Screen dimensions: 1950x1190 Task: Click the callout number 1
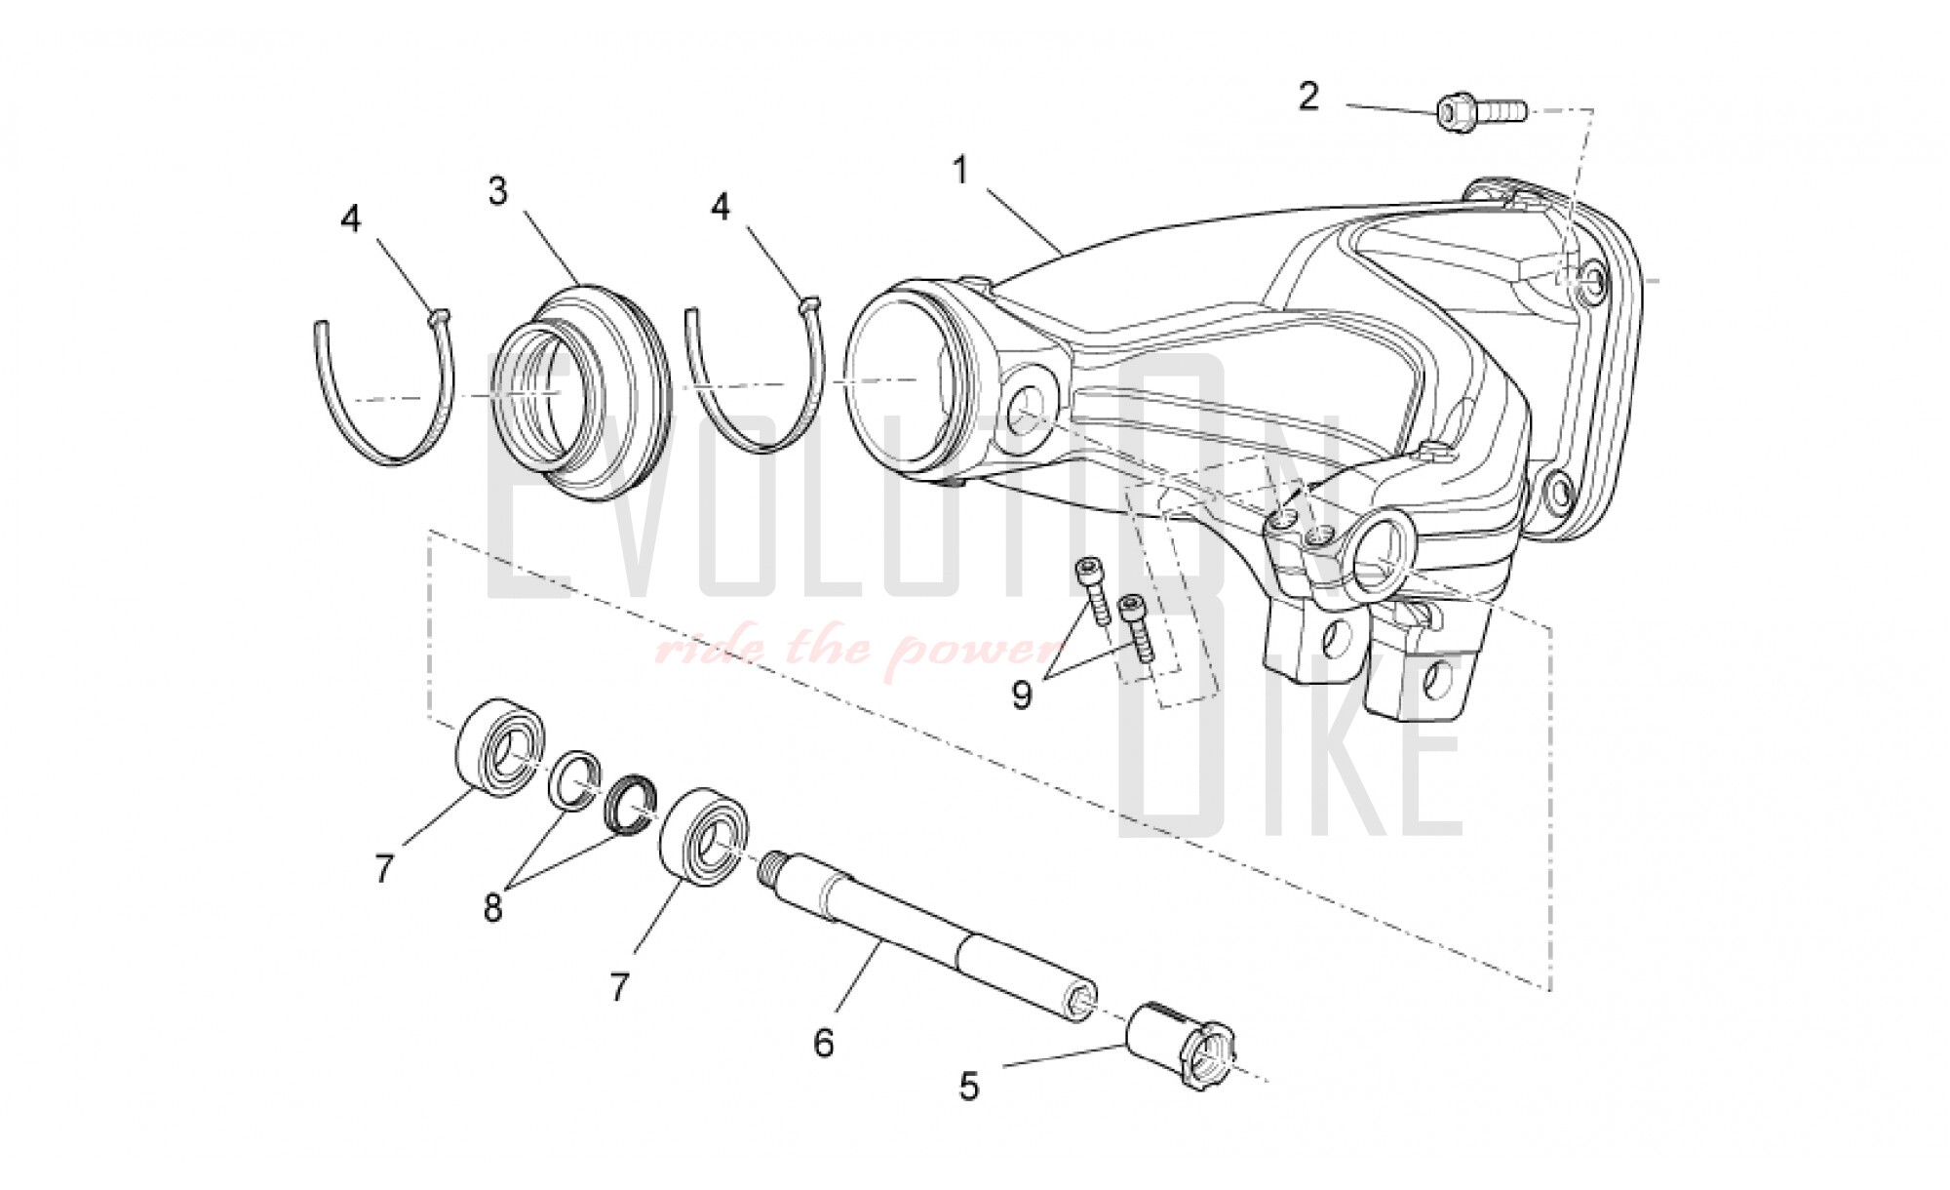961,172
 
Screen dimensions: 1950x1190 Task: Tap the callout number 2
1308,97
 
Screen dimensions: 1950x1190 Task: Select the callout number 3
498,191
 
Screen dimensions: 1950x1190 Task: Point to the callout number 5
968,1087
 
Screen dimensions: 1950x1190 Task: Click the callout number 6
825,1044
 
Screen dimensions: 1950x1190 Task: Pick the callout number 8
493,908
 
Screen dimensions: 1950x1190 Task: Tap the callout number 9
1022,695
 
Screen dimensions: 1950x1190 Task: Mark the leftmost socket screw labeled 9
1091,590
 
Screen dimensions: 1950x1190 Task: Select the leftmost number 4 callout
351,218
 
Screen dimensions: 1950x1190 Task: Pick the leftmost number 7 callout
385,868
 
